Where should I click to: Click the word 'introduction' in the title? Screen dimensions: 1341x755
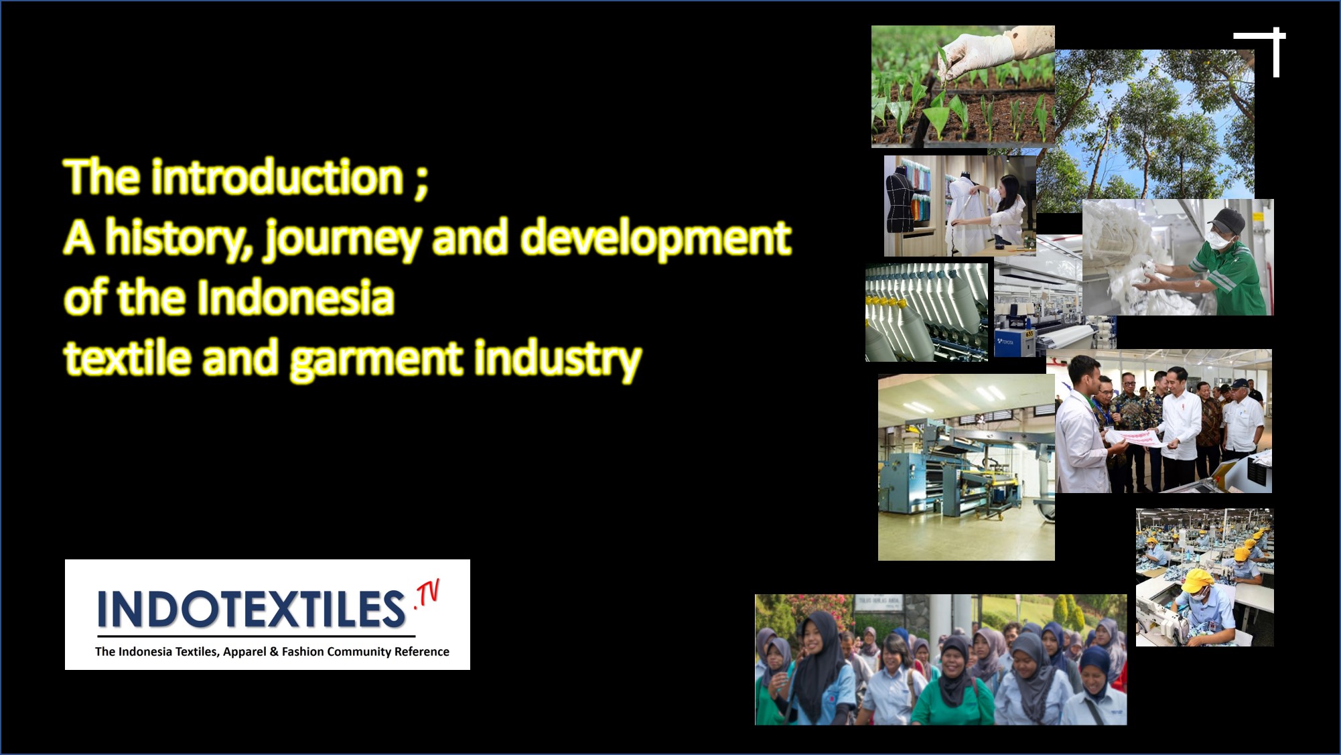point(277,177)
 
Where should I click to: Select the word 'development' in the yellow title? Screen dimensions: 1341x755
point(656,237)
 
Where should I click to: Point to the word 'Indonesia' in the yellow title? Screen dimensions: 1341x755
point(295,297)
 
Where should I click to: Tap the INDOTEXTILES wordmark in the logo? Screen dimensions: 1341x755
point(251,609)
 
